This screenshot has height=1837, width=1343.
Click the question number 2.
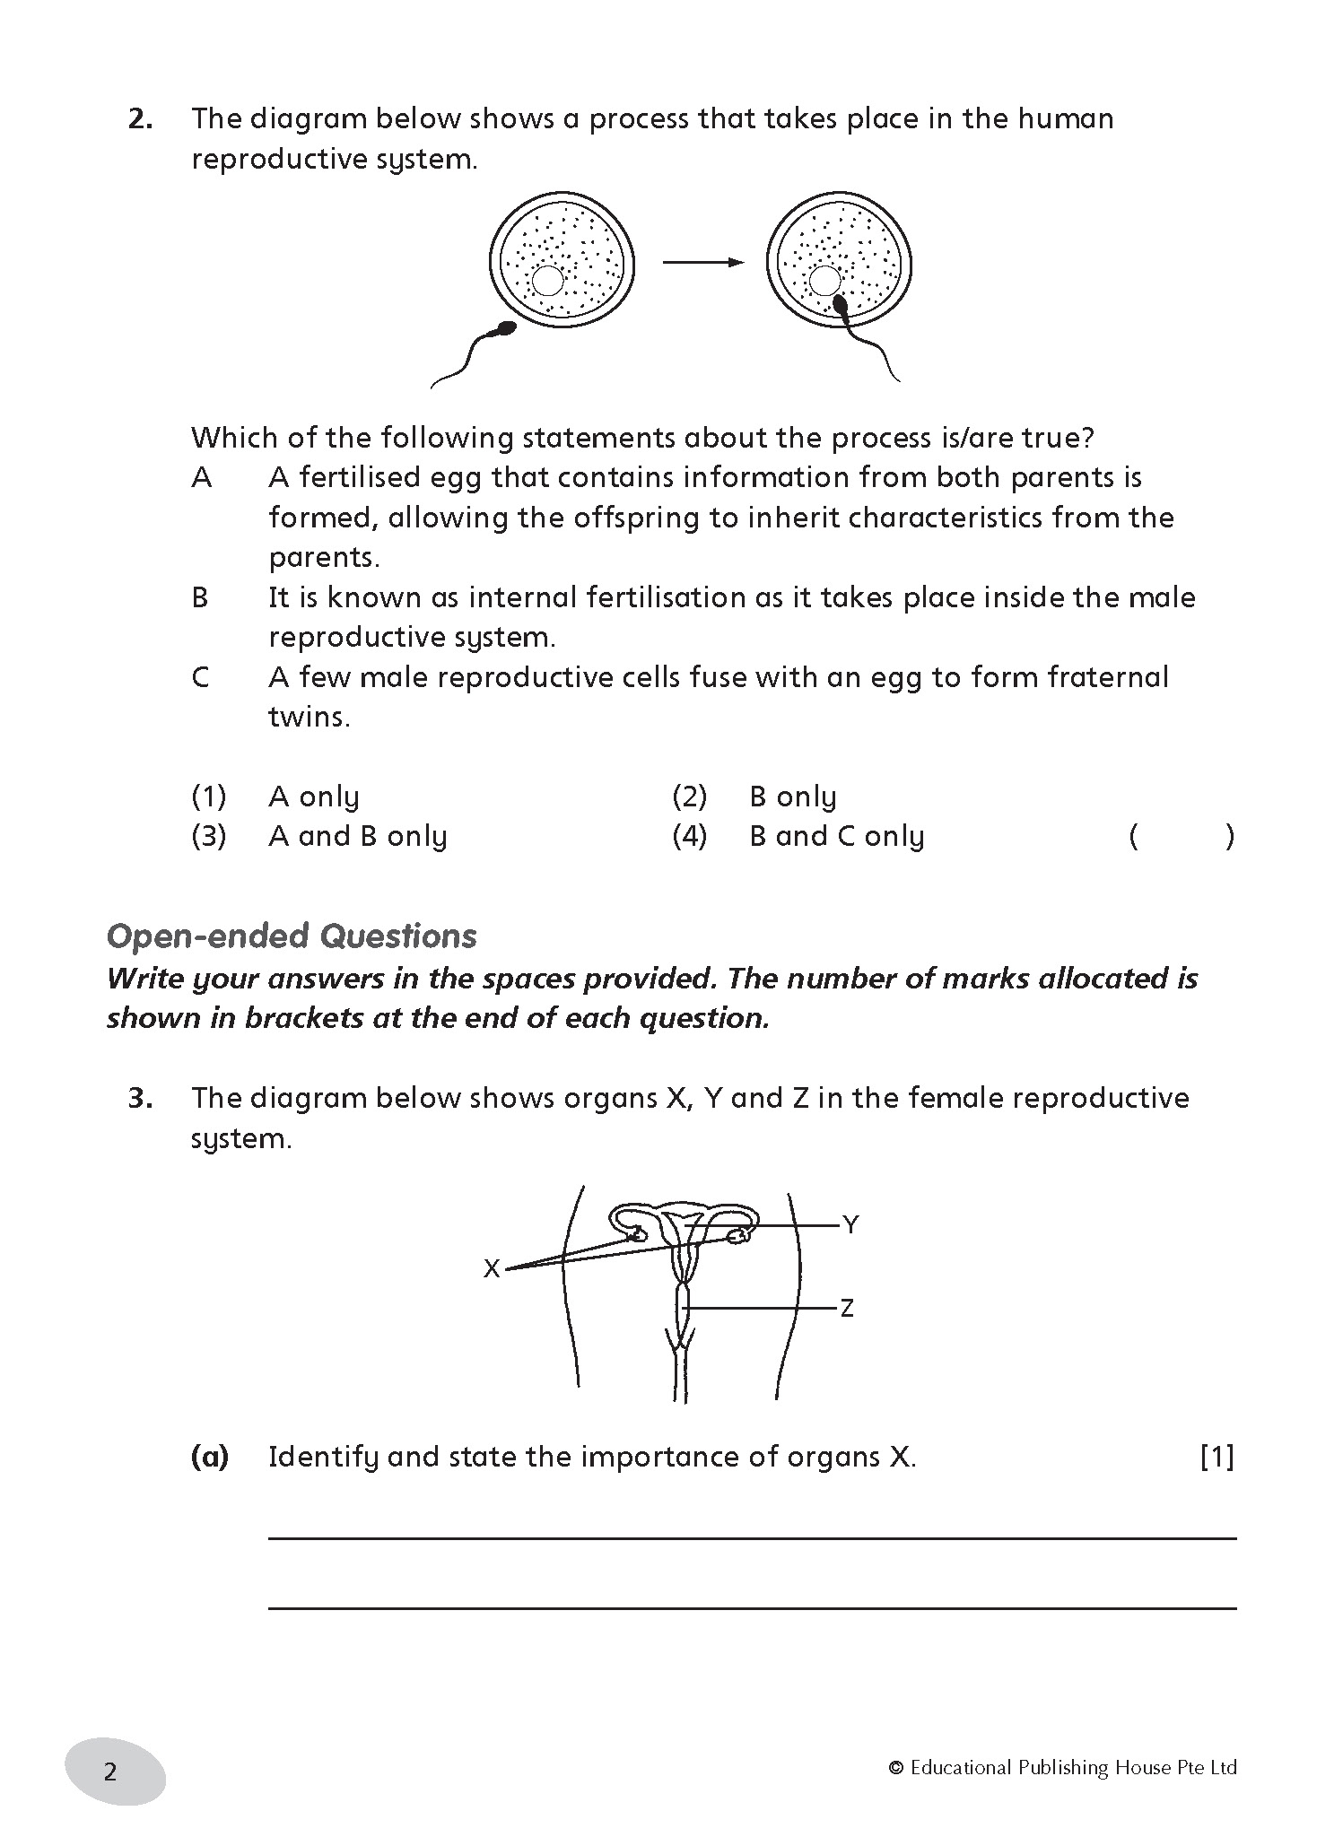pos(140,119)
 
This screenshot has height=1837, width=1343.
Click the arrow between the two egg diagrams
pos(702,262)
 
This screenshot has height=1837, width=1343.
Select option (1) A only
pos(313,797)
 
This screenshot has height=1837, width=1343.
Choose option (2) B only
pos(792,797)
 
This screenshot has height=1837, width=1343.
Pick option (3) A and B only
pos(357,837)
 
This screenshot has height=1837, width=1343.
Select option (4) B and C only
pos(836,837)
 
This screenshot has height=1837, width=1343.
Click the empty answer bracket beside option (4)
pos(1182,837)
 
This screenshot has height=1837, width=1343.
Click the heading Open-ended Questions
pos(292,936)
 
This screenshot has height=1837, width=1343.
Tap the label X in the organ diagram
pos(492,1269)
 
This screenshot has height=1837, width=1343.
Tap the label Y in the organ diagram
pos(850,1224)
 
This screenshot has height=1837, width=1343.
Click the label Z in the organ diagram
pos(846,1309)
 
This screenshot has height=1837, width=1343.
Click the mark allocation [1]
pos(1217,1457)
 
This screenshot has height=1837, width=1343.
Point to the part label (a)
pos(210,1457)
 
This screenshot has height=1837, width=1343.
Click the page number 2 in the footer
pos(110,1772)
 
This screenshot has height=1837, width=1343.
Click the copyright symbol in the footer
pos(895,1768)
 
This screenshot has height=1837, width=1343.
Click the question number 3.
pos(140,1099)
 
